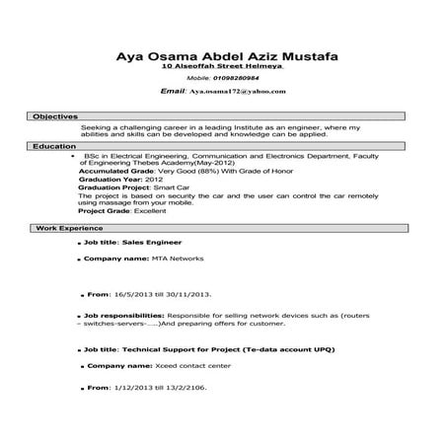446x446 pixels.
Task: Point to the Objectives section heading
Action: (55, 116)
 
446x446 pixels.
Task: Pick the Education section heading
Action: (54, 146)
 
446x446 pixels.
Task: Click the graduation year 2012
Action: (154, 181)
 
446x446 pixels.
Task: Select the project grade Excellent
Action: (152, 210)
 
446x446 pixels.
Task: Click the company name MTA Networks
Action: (178, 258)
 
